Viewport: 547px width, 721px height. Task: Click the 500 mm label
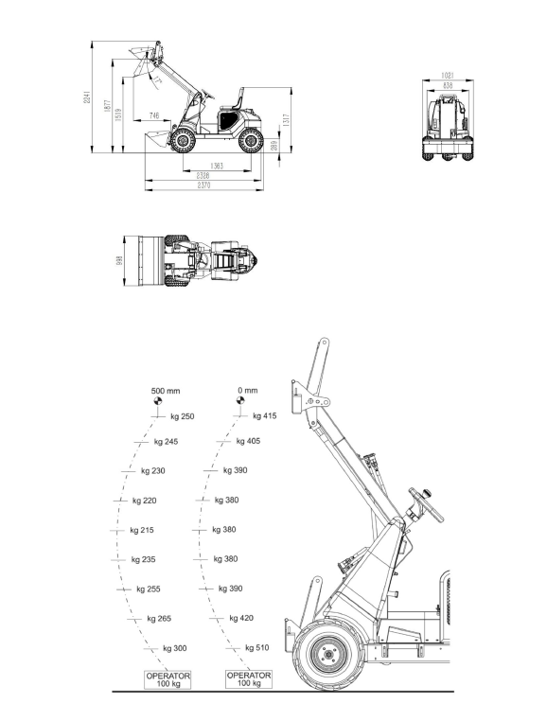click(166, 390)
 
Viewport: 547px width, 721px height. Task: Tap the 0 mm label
click(248, 390)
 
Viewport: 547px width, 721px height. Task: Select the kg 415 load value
click(264, 416)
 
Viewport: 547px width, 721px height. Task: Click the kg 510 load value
click(256, 648)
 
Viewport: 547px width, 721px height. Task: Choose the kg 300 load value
click(174, 648)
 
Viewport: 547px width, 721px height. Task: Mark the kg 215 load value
click(142, 530)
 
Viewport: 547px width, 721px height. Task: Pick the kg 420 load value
click(240, 618)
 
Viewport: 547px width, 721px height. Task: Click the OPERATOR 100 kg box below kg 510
click(249, 680)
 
